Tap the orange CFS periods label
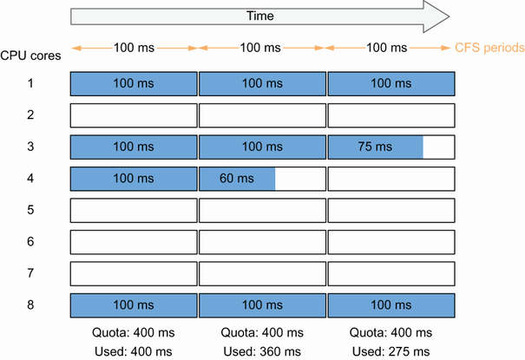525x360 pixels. [489, 47]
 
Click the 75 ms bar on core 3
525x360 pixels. [375, 147]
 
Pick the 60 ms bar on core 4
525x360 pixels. [237, 179]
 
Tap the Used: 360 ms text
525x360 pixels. [261, 350]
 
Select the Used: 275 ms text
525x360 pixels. [390, 350]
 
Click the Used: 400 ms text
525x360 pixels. [133, 350]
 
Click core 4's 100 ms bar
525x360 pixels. [134, 179]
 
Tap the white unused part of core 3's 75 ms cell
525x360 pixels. [438, 147]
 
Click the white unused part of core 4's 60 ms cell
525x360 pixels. [300, 179]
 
